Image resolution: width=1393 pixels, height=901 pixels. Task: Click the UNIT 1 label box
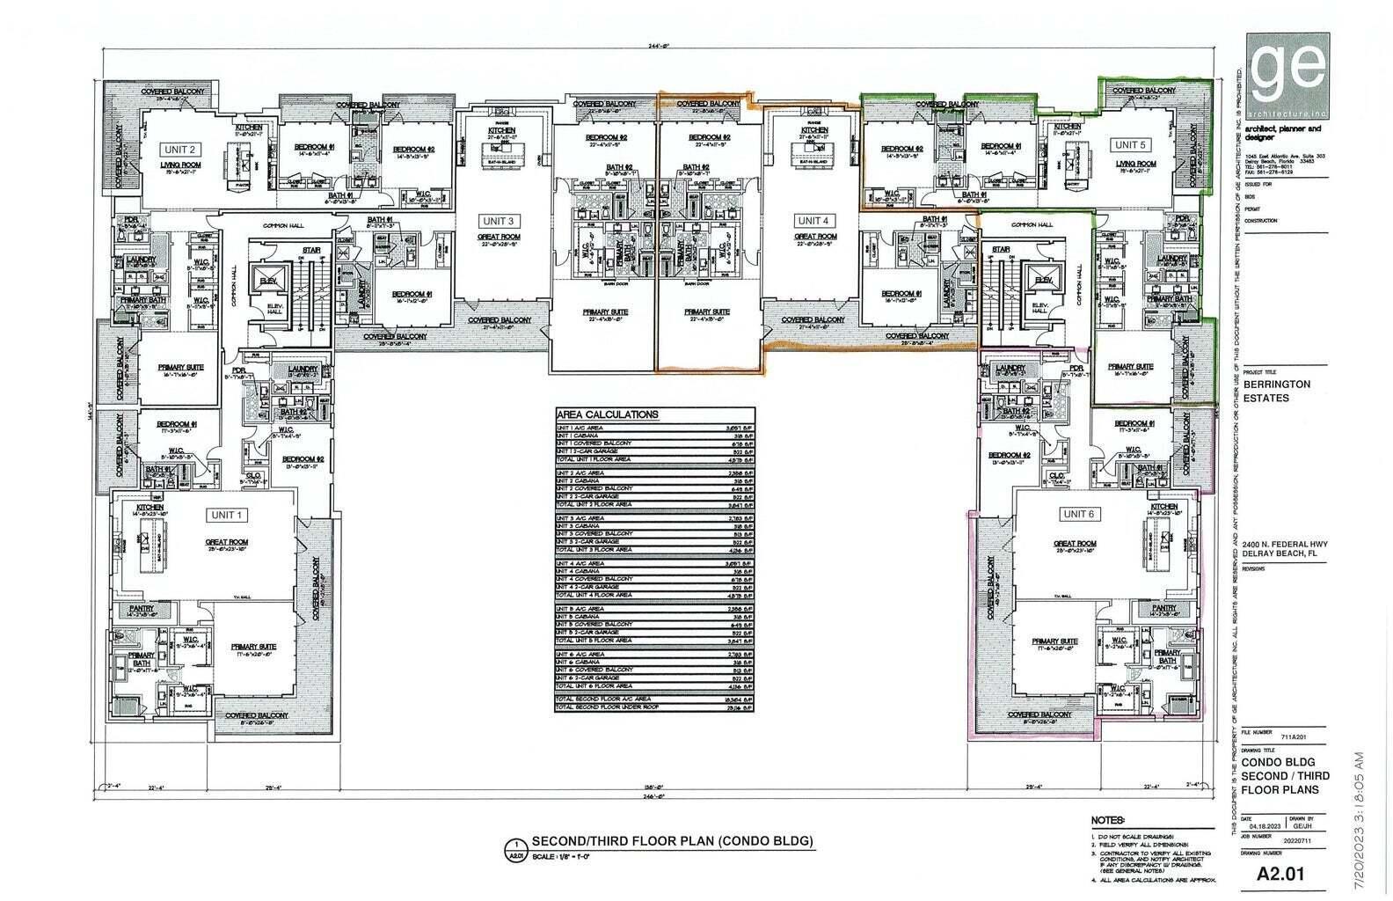(228, 515)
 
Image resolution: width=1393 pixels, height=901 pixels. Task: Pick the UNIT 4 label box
(812, 221)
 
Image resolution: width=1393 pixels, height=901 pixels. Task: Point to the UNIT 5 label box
(1131, 144)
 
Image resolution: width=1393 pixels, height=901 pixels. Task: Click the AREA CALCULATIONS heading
(607, 414)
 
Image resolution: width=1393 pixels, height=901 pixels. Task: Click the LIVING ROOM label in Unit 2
(180, 165)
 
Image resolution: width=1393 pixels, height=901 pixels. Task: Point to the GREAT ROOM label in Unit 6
(1075, 544)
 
